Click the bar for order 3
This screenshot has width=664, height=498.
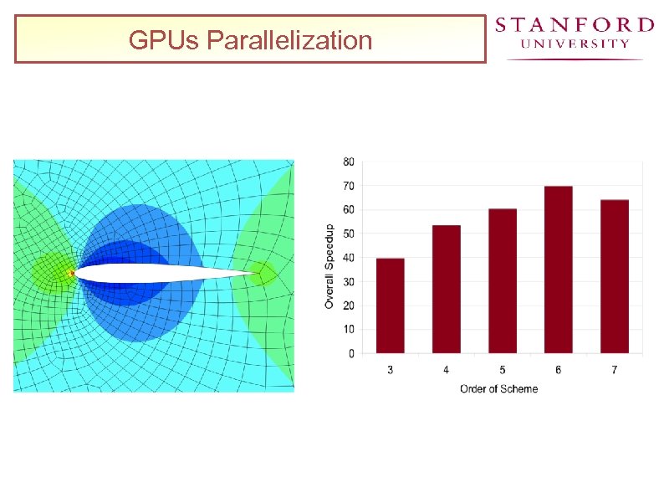[x=391, y=305]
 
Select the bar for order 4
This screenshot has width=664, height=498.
[x=447, y=289]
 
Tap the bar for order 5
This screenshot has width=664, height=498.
[x=503, y=280]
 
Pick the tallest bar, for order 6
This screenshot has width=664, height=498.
[x=559, y=269]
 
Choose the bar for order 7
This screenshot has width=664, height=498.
[x=615, y=276]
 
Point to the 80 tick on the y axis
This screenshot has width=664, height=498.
[x=349, y=162]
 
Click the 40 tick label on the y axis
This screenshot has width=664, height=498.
[x=349, y=258]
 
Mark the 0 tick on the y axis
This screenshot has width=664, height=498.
[x=351, y=353]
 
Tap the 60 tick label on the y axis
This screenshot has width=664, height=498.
[x=349, y=209]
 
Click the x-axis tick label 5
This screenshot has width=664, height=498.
[x=503, y=370]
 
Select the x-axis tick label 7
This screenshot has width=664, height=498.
[x=615, y=370]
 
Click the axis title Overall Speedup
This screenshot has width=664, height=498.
[x=329, y=266]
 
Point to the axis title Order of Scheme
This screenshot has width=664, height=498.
[x=498, y=388]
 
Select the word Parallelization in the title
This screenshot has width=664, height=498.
[x=289, y=39]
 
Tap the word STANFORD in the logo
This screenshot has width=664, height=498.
[x=575, y=24]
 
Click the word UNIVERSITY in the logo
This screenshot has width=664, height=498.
[x=575, y=44]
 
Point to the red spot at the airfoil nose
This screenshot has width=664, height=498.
[x=72, y=273]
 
